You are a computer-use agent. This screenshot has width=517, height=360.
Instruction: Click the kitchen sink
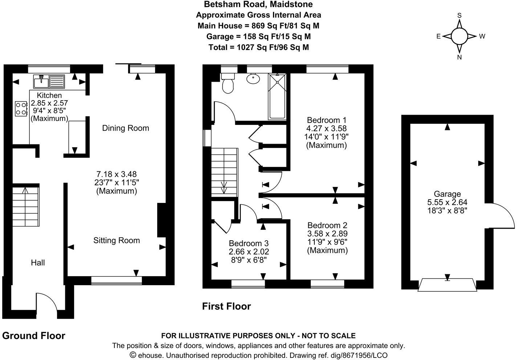tap(49, 82)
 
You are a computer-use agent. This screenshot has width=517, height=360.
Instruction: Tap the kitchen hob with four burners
tap(21, 109)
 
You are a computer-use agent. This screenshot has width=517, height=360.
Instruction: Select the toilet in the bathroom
tap(228, 84)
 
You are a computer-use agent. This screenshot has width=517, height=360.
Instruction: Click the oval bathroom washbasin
tap(252, 78)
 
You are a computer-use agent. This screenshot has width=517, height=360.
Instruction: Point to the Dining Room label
tap(126, 128)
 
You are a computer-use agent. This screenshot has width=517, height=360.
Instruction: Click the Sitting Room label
tap(117, 240)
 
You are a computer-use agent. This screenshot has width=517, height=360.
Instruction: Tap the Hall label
tap(38, 263)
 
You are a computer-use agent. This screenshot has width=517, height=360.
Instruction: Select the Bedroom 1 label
tap(326, 120)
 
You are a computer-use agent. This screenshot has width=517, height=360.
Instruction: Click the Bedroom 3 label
tap(249, 244)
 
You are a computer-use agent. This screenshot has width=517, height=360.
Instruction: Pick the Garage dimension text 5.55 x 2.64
tap(447, 202)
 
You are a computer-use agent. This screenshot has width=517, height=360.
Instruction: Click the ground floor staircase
tap(26, 206)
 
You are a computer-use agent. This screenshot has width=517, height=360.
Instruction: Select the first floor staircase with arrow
tap(224, 172)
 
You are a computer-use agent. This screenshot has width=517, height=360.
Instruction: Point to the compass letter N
tap(459, 57)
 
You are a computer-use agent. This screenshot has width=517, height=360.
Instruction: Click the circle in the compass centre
tap(459, 36)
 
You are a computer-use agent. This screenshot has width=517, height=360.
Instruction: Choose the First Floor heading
tap(226, 307)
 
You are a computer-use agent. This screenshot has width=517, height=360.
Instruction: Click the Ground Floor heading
tap(34, 336)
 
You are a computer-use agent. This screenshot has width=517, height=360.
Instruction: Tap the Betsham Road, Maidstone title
tap(258, 4)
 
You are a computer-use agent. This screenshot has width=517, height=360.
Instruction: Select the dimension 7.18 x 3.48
tap(117, 174)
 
